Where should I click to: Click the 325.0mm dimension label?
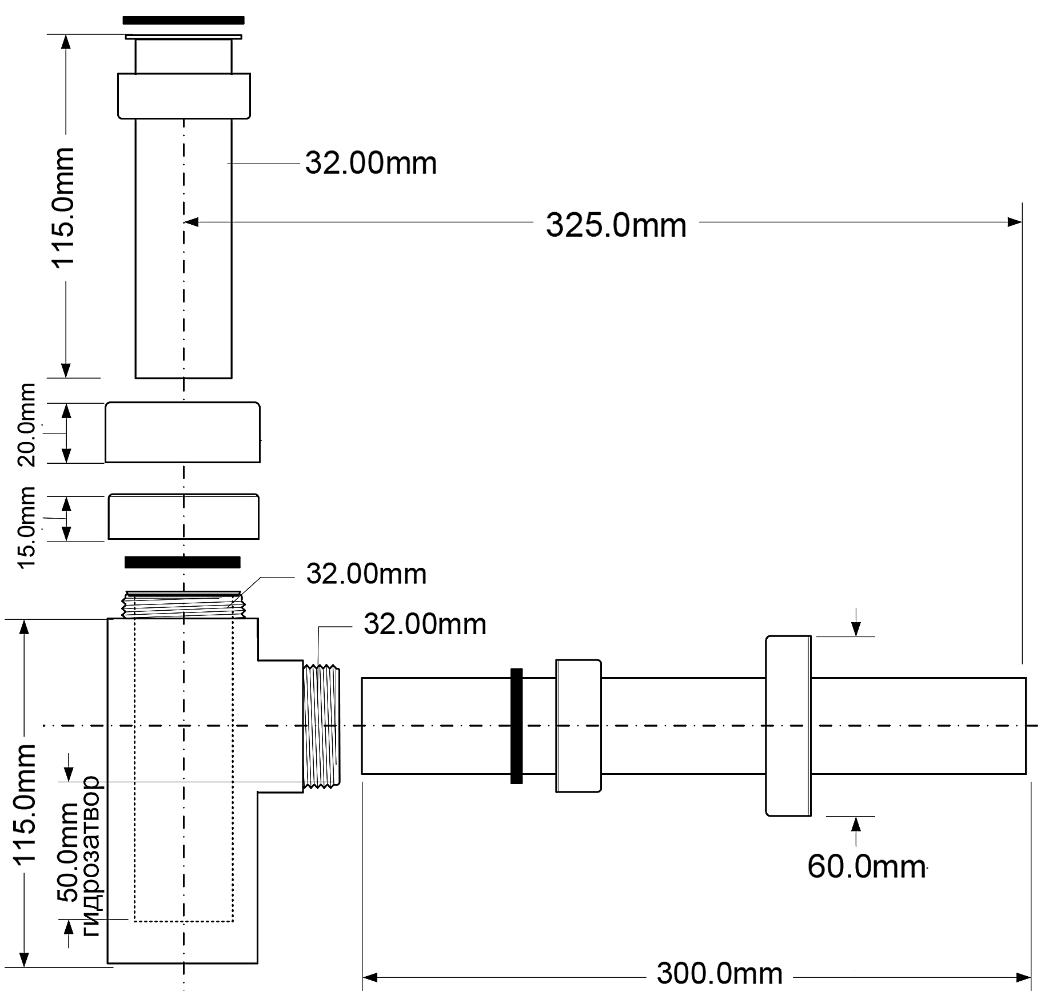pos(616,225)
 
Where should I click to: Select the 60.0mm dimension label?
pos(866,866)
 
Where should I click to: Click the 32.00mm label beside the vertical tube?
pos(370,163)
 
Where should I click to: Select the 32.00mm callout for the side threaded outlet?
pos(425,624)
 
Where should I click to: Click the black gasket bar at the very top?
pos(184,21)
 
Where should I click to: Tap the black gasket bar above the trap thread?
pos(182,562)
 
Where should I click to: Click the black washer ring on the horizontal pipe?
pos(516,725)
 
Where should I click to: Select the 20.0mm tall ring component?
pos(182,432)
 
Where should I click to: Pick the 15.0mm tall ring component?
pos(184,516)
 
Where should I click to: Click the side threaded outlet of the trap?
pos(322,725)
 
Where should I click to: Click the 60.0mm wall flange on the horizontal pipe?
pos(788,725)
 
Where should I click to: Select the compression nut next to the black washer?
pos(578,725)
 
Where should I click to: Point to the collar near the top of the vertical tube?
pos(184,95)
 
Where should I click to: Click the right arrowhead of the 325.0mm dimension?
pos(1016,222)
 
